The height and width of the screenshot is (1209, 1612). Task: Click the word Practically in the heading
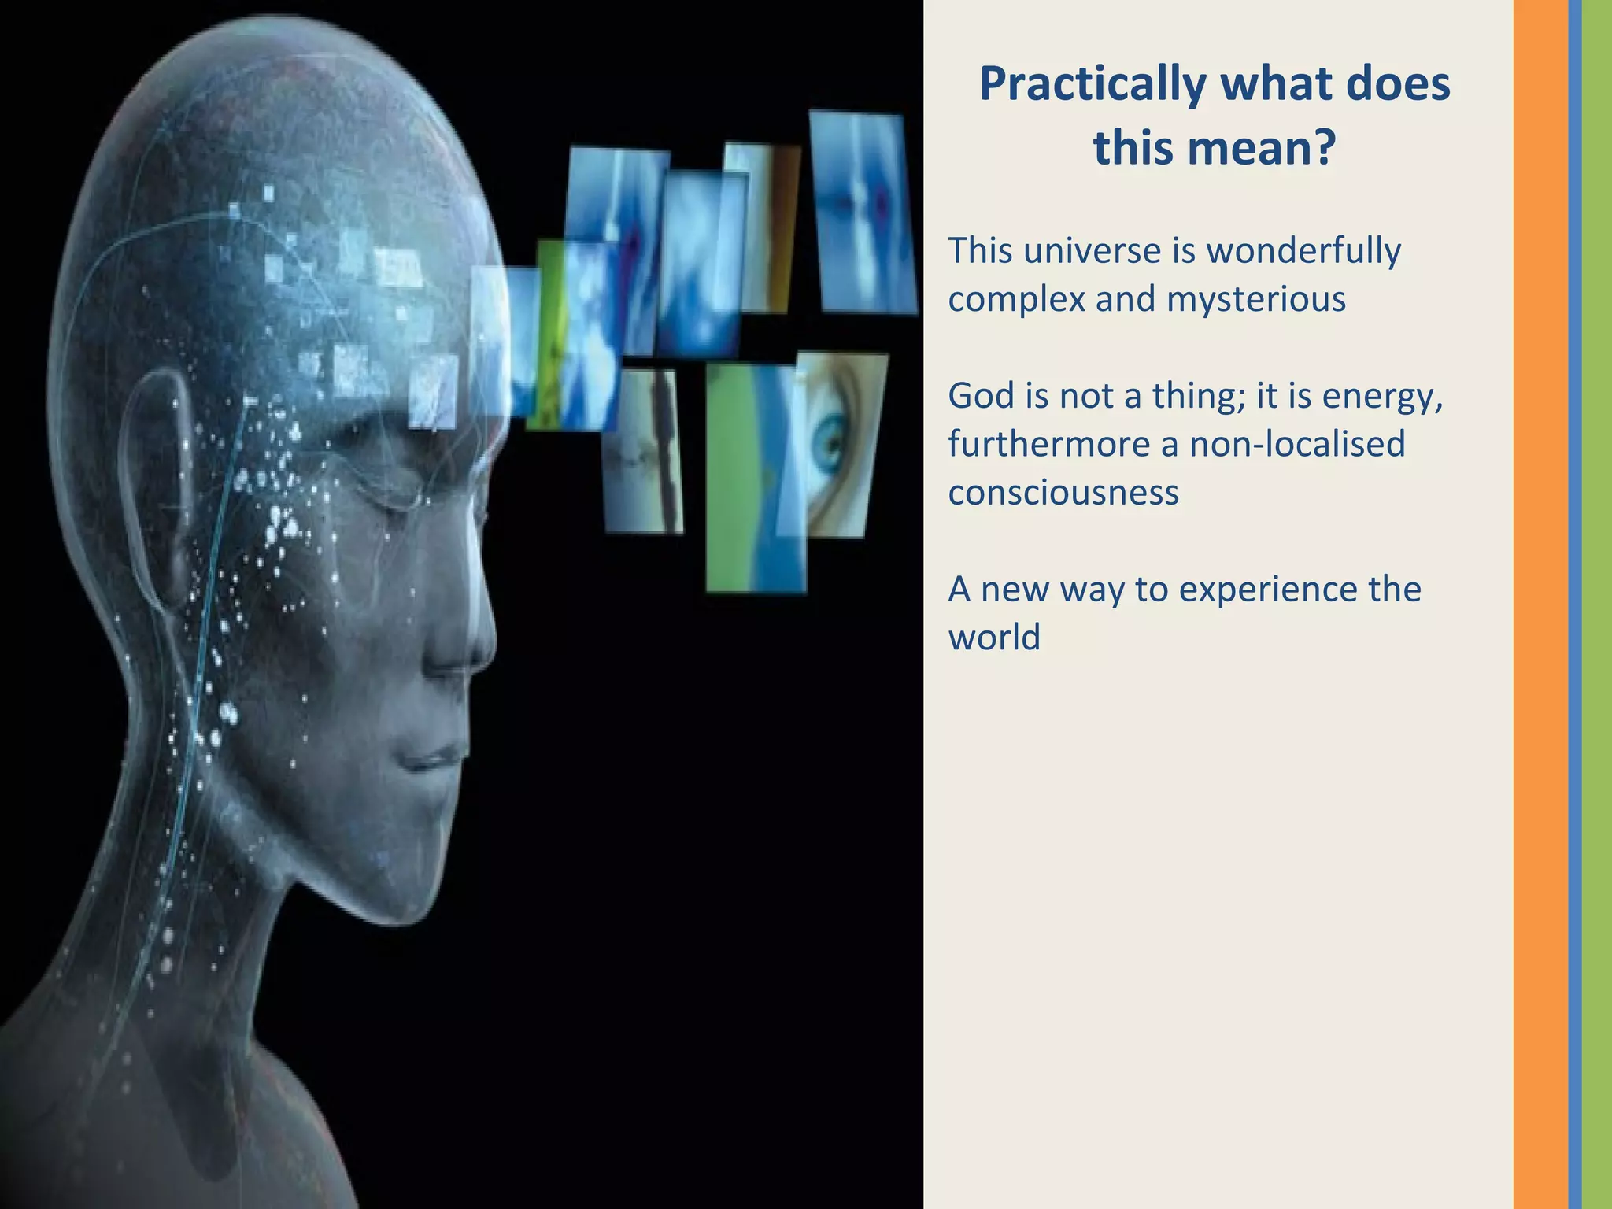coord(1093,85)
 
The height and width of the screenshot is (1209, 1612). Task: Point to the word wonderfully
coord(1304,251)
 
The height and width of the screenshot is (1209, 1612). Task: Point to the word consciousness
coord(1063,493)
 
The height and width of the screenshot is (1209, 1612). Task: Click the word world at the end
coord(994,637)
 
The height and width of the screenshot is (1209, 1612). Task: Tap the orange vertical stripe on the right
coord(1540,604)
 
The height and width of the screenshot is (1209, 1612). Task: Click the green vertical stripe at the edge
coord(1597,604)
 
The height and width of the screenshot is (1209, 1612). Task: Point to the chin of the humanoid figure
coord(394,889)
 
